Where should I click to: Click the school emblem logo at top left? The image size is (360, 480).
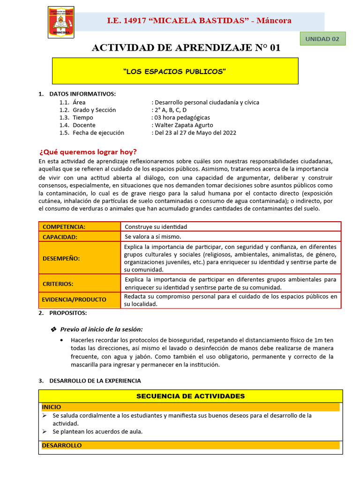point(61,22)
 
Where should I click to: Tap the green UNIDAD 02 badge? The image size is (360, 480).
point(322,39)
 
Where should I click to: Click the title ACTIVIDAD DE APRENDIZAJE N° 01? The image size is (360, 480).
point(186,48)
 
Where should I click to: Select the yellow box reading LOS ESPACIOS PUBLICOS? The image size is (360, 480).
point(175,71)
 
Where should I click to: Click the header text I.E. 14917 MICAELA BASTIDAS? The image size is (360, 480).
point(199,21)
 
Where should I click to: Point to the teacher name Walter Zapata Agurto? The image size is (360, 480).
point(183,125)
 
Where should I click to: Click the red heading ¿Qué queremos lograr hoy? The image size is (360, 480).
point(88,151)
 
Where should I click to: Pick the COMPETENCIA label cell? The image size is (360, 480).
point(79,227)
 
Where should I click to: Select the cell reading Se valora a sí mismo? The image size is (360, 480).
point(153,237)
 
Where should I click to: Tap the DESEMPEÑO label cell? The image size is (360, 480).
point(79,258)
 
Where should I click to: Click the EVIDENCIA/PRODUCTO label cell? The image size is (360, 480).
point(79,300)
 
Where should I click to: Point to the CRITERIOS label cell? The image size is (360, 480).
point(79,284)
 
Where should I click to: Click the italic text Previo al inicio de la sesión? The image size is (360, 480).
point(102,329)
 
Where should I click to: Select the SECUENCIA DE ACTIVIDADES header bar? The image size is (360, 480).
point(190,396)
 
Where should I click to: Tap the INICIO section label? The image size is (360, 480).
point(51,407)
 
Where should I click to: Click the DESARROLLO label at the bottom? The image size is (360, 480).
point(61,445)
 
